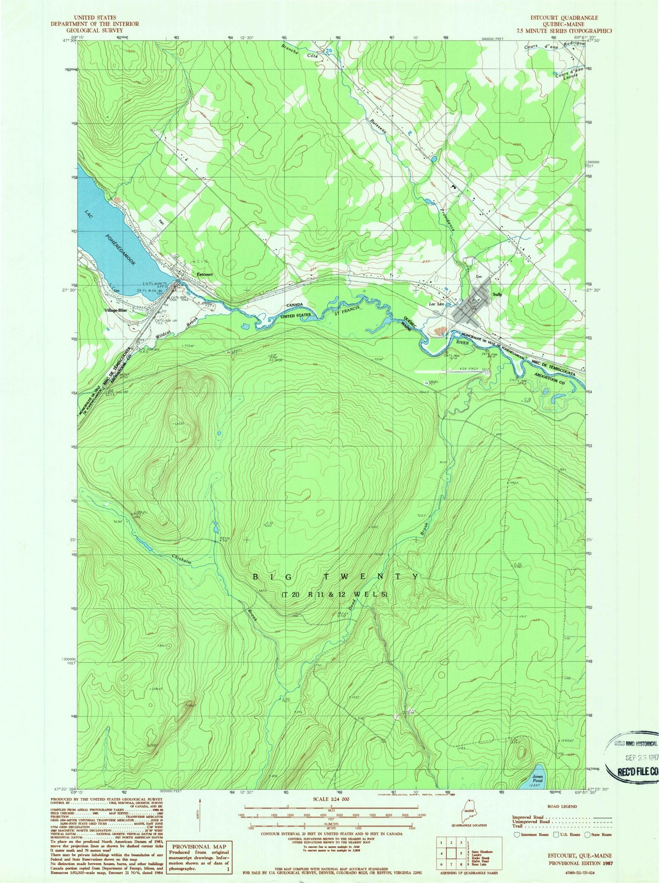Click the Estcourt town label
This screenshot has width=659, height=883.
[205, 275]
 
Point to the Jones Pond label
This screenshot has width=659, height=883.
[538, 779]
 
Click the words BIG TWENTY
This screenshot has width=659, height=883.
[336, 577]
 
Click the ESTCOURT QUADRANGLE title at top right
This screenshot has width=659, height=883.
[564, 18]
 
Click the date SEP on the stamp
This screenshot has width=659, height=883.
[630, 757]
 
